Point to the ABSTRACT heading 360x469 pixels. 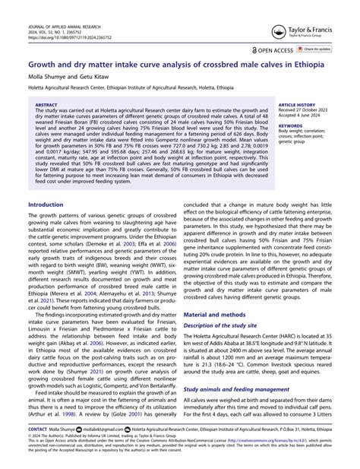(x=47, y=106)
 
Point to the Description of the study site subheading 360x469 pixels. (x=231, y=304)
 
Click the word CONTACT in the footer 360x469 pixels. (x=36, y=429)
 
